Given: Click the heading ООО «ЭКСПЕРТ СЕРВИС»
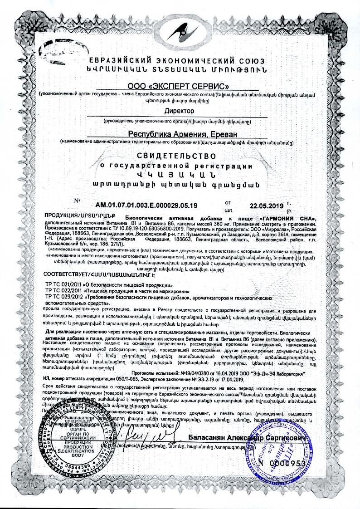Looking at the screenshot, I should tap(180, 85).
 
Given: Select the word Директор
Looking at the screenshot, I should tap(180, 111).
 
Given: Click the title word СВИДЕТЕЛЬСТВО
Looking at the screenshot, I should tap(180, 156).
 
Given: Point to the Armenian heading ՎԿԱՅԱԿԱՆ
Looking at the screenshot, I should tap(180, 175).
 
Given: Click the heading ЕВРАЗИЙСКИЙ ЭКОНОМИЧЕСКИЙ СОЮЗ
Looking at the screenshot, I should tap(180, 61).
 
